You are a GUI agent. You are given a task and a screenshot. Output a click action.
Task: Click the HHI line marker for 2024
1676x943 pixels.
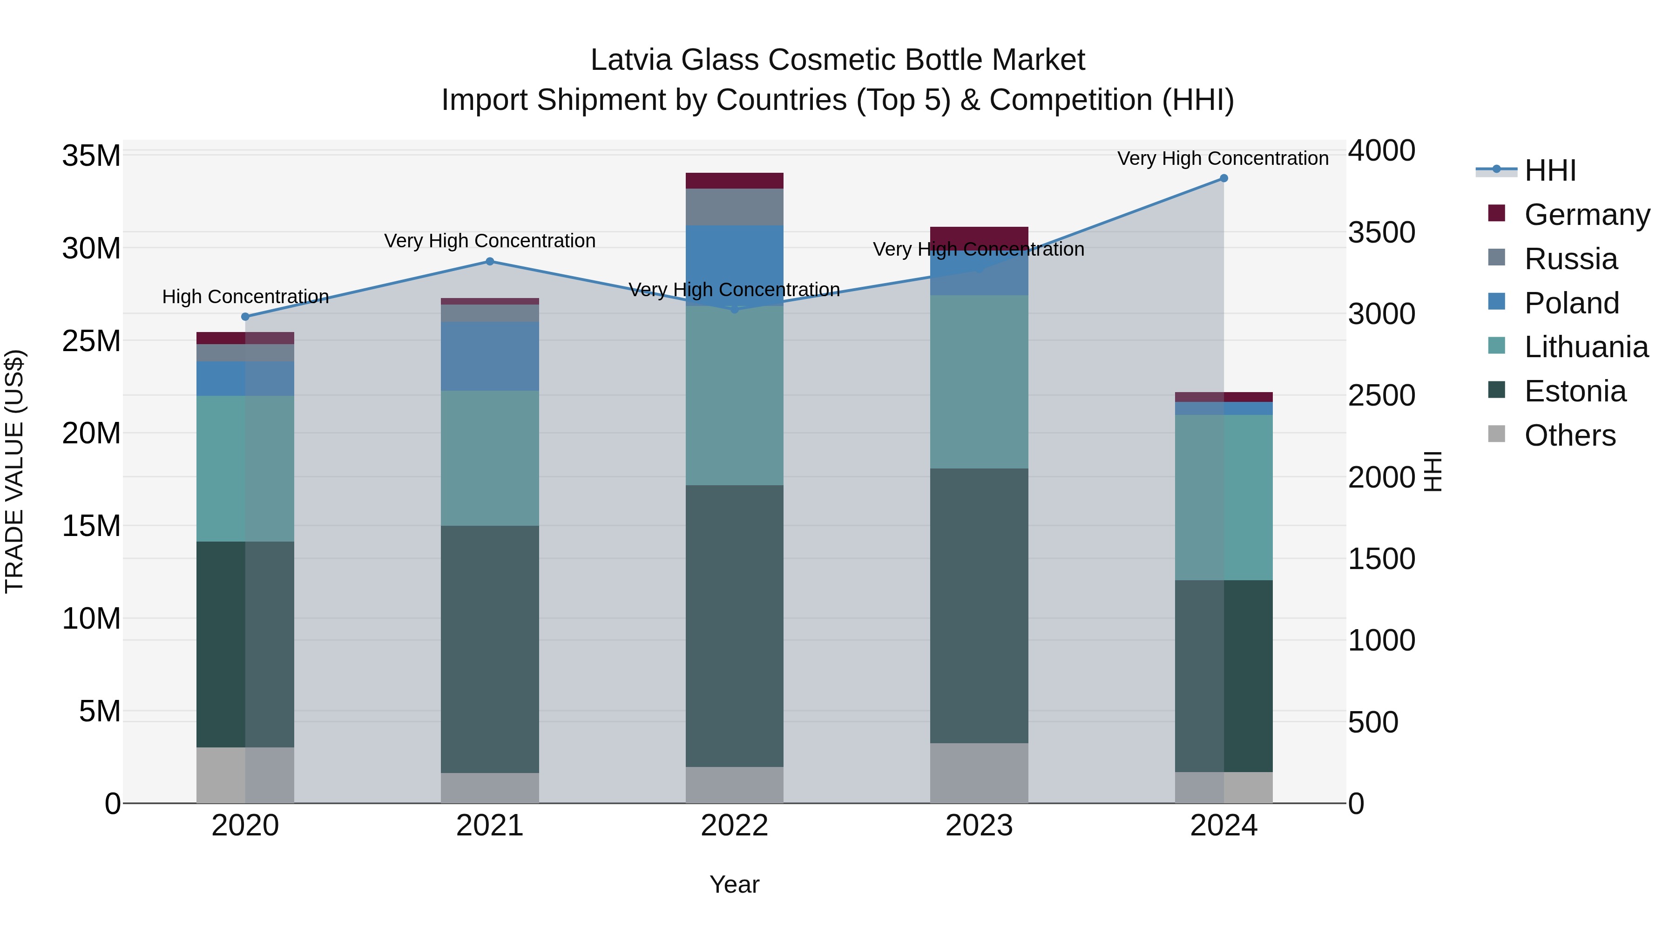(x=1223, y=178)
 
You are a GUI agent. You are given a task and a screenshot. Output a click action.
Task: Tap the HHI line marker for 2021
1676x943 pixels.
(x=490, y=262)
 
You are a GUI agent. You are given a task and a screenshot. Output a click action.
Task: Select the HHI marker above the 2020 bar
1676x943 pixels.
(x=245, y=317)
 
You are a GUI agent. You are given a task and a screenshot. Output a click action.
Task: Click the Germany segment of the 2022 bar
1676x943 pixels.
(x=735, y=181)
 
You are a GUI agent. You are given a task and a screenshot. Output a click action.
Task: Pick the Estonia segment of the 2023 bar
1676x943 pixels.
(x=979, y=605)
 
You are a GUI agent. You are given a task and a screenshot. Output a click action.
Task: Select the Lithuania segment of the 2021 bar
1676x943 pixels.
(x=490, y=458)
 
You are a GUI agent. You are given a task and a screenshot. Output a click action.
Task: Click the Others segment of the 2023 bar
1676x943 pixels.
(x=979, y=773)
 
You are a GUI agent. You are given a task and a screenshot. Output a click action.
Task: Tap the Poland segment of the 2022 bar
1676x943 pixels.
(x=735, y=260)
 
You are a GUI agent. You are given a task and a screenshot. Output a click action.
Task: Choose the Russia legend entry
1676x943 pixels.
(x=1570, y=259)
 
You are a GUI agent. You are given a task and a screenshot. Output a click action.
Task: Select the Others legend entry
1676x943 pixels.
(x=1569, y=435)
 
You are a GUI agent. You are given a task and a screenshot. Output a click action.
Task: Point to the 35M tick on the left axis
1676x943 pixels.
(x=91, y=156)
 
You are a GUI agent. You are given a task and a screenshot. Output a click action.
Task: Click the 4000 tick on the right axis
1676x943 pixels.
(x=1381, y=150)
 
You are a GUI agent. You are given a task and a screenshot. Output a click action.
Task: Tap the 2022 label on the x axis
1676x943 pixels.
(x=735, y=826)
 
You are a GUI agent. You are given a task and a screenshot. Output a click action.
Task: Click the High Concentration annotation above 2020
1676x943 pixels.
(x=245, y=297)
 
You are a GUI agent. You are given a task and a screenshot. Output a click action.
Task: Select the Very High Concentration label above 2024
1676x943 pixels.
(x=1223, y=158)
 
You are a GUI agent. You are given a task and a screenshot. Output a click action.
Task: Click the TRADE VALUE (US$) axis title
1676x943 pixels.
(x=14, y=471)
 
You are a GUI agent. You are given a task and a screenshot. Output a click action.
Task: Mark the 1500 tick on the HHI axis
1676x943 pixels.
(x=1381, y=559)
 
